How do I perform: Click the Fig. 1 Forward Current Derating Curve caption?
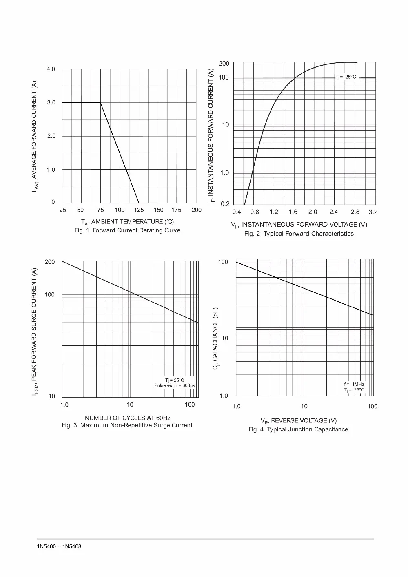tap(127, 230)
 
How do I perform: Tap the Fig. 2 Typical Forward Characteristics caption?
tap(299, 234)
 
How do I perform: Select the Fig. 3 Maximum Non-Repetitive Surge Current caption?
tap(127, 425)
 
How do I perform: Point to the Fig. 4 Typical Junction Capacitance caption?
tap(298, 429)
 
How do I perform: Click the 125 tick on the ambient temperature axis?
tap(139, 210)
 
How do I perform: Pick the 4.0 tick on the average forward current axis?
tap(51, 69)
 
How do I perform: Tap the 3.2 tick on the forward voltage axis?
tap(373, 212)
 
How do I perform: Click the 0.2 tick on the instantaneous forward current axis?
tap(225, 204)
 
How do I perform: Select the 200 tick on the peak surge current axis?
tap(50, 262)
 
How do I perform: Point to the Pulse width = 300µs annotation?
tap(175, 385)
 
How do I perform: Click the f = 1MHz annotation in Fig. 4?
tap(354, 384)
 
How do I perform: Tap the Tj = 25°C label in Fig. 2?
tap(346, 77)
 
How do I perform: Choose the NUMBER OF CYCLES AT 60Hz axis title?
tap(127, 418)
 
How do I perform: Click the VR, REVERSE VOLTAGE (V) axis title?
tap(299, 421)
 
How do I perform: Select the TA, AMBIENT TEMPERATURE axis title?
tap(127, 222)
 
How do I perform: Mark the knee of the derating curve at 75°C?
tap(100, 102)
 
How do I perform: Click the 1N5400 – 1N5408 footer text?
tap(59, 546)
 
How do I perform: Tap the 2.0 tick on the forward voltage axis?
tap(313, 212)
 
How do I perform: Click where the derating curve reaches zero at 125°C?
tap(139, 203)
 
